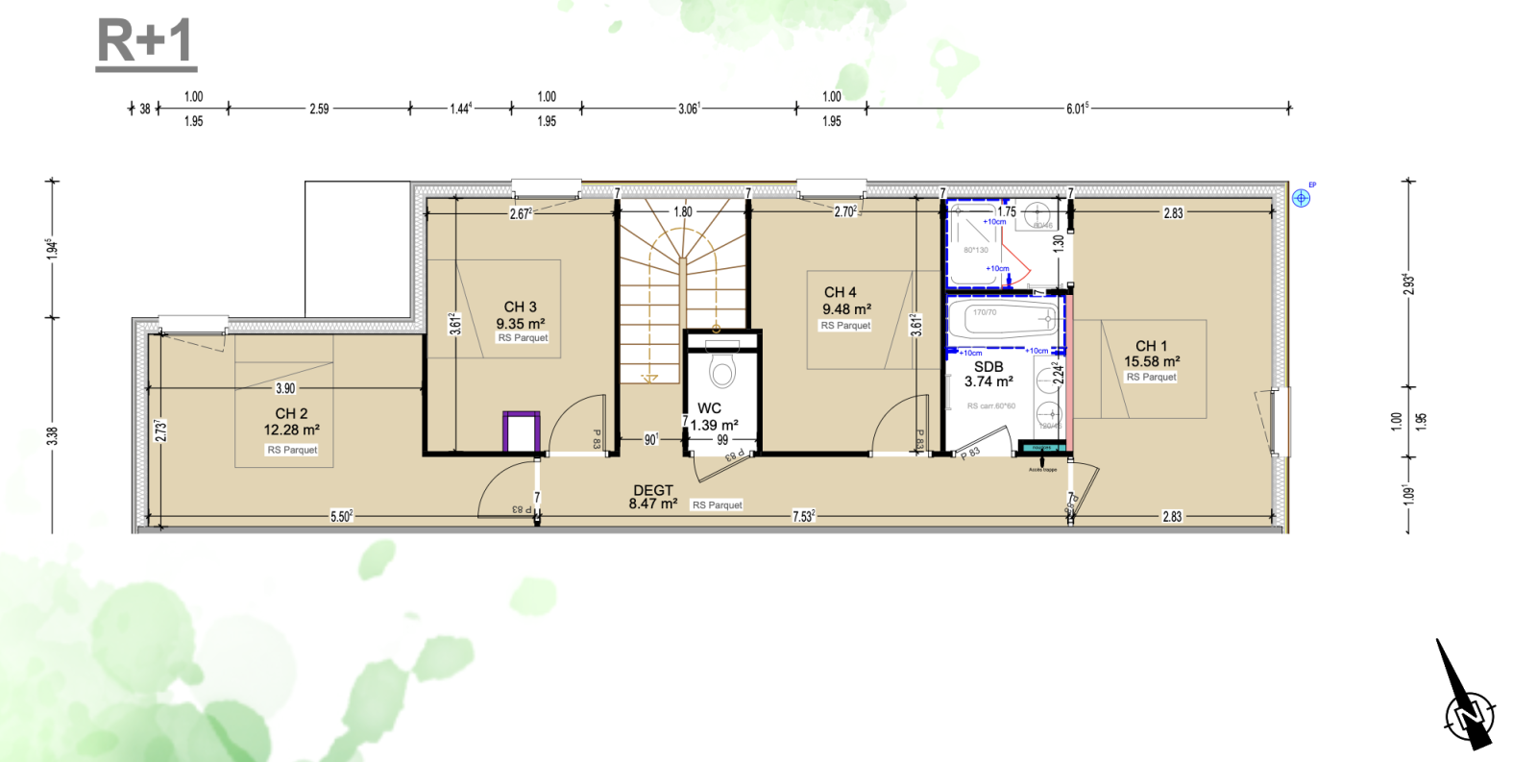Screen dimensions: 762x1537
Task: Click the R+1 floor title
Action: tap(146, 43)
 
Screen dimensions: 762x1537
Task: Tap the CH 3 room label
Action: tap(520, 307)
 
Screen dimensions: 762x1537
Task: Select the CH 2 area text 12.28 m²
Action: tap(291, 430)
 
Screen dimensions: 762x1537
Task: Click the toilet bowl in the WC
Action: tap(722, 370)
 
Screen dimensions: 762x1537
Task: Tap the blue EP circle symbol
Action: tap(1301, 198)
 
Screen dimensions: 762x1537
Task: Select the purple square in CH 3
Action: tap(522, 431)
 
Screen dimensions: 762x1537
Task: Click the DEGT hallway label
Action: tap(653, 490)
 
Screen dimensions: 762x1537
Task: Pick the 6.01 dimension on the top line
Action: tap(1077, 109)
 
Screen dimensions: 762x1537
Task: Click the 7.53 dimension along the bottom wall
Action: tap(803, 516)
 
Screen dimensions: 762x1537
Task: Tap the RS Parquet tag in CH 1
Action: tap(1151, 377)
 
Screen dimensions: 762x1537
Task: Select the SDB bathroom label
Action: tap(988, 366)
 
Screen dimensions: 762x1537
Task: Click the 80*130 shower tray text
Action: tap(975, 250)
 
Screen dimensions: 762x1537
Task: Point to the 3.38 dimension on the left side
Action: tap(53, 435)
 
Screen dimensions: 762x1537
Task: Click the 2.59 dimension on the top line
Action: tap(319, 109)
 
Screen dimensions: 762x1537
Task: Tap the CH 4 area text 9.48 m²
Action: tap(846, 308)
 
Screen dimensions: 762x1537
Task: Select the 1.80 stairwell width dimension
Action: tap(682, 211)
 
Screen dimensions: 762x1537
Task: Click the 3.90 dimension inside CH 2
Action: tap(285, 388)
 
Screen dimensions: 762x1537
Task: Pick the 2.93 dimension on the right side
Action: tap(1408, 283)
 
